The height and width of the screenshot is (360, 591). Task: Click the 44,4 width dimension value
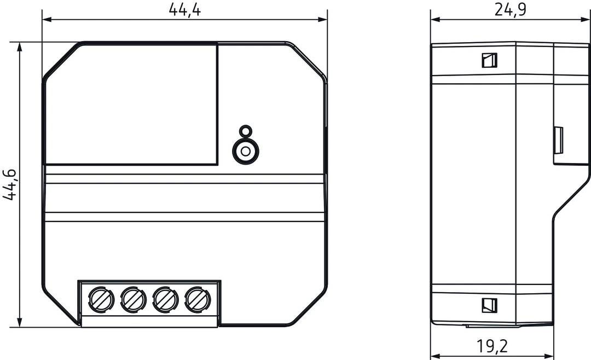point(184,9)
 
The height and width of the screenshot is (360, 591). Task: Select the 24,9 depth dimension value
point(510,9)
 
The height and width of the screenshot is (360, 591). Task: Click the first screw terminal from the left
point(102,299)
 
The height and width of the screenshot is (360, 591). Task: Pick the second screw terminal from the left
point(134,299)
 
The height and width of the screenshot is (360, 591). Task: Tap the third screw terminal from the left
point(165,299)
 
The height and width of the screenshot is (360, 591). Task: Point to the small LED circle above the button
point(246,131)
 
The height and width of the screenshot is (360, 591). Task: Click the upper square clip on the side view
point(489,60)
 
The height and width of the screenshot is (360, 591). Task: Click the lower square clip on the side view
point(489,305)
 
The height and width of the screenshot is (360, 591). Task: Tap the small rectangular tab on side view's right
point(559,141)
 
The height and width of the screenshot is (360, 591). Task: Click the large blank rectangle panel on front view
point(131,104)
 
